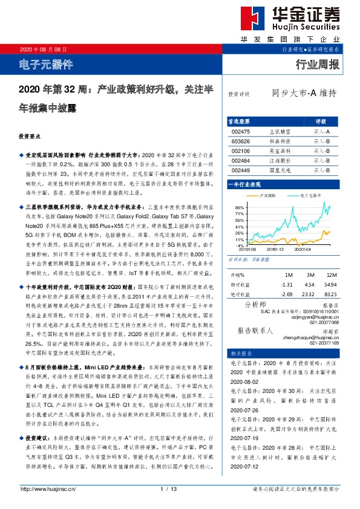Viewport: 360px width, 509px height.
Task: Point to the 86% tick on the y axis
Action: (232, 207)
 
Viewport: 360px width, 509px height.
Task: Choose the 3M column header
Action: (309, 274)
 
